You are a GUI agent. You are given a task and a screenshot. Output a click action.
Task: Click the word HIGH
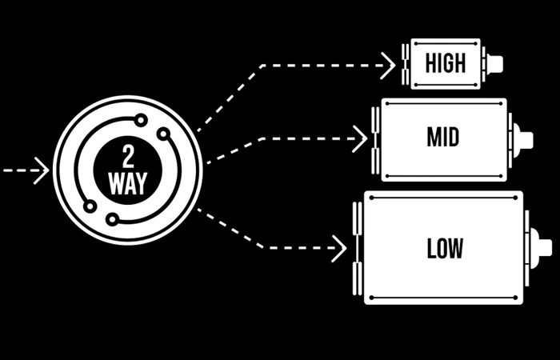446,63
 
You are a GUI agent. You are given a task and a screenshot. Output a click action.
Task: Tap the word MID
442,138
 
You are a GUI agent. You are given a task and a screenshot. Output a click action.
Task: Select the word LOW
445,248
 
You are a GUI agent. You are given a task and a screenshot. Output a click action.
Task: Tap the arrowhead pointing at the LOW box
339,247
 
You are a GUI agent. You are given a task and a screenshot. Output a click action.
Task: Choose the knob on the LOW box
542,247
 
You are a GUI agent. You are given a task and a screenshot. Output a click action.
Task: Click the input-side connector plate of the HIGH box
406,64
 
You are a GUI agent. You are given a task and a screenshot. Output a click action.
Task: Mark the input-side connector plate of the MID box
375,138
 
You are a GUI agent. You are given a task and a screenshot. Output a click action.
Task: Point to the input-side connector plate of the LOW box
358,248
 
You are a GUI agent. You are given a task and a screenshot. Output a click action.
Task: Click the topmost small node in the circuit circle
141,120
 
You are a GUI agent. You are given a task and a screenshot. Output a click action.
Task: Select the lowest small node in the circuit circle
112,218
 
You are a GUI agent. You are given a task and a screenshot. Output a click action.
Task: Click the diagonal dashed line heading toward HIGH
228,95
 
